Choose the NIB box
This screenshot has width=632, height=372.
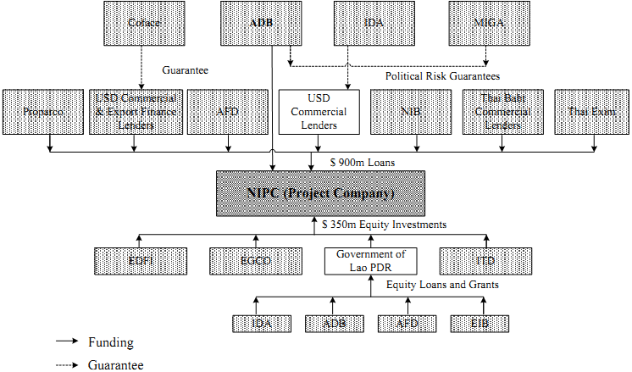pos(410,111)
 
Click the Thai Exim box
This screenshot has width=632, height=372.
pos(591,111)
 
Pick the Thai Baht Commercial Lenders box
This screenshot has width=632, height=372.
pos(502,111)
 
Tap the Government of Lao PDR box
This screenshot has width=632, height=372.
pos(370,260)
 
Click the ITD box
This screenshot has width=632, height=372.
pos(485,260)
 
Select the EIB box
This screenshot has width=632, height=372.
pos(480,323)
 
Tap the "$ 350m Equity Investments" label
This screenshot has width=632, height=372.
pos(385,225)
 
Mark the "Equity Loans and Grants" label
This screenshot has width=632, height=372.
pos(442,285)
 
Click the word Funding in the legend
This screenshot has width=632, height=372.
pos(111,342)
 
